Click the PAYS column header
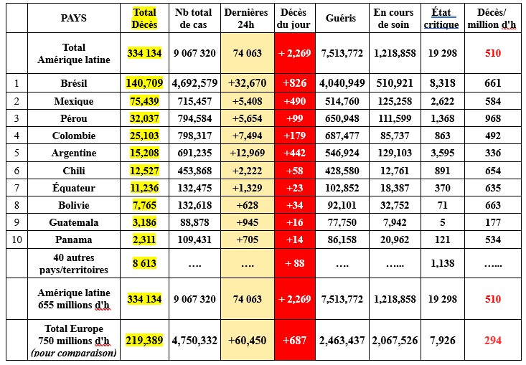[x=73, y=18]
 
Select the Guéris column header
[x=339, y=18]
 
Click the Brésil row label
[x=73, y=82]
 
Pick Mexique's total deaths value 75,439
[x=144, y=102]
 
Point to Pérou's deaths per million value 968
[x=492, y=118]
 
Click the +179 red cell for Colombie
[x=294, y=136]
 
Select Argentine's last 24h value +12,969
[x=245, y=153]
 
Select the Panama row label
[x=73, y=240]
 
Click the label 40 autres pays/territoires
[x=73, y=263]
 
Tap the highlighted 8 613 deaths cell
[x=144, y=263]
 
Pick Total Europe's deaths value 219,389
[x=144, y=340]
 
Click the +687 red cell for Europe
[x=294, y=340]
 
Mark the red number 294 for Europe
[x=492, y=340]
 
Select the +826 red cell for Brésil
[x=294, y=82]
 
